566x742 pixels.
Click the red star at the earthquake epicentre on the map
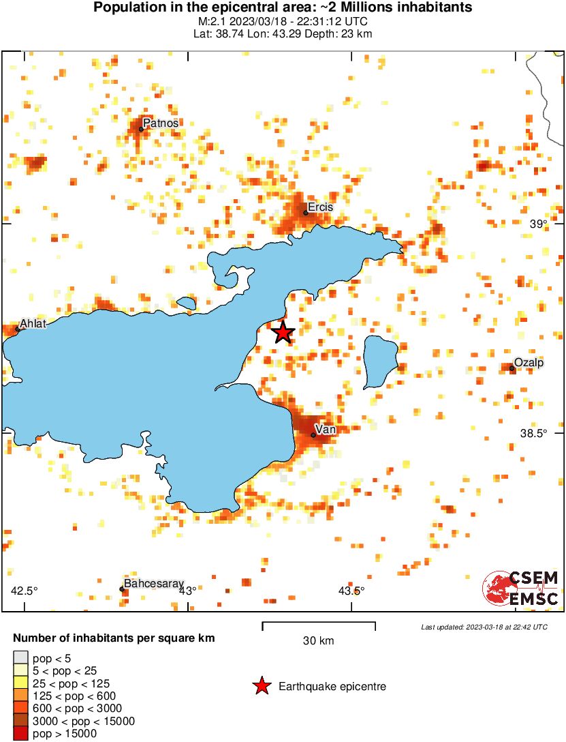pyautogui.click(x=283, y=333)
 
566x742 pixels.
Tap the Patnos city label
pyautogui.click(x=161, y=123)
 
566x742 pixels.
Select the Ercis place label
pyautogui.click(x=320, y=207)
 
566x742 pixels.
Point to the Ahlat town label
pyautogui.click(x=33, y=324)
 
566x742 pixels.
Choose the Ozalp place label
pyautogui.click(x=529, y=362)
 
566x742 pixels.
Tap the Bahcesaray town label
pyautogui.click(x=154, y=584)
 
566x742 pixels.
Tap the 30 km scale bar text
pyautogui.click(x=318, y=641)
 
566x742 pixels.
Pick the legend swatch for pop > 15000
pyautogui.click(x=20, y=734)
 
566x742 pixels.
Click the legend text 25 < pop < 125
pyautogui.click(x=71, y=683)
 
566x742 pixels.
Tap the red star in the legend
pyautogui.click(x=262, y=686)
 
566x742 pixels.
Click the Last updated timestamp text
pyautogui.click(x=484, y=627)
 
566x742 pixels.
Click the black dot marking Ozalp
pyautogui.click(x=512, y=368)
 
